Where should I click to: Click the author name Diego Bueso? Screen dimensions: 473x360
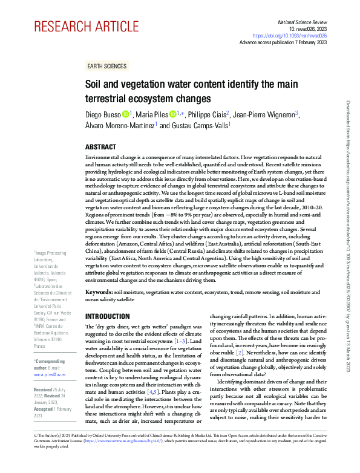pos(102,114)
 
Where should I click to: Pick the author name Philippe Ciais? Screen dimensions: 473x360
pos(206,114)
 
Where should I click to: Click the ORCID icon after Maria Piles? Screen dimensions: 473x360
pos(173,114)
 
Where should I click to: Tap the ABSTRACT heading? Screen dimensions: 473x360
pos(100,146)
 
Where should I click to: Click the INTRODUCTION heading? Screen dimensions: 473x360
pos(107,316)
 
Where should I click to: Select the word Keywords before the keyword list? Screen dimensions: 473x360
pos(97,292)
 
